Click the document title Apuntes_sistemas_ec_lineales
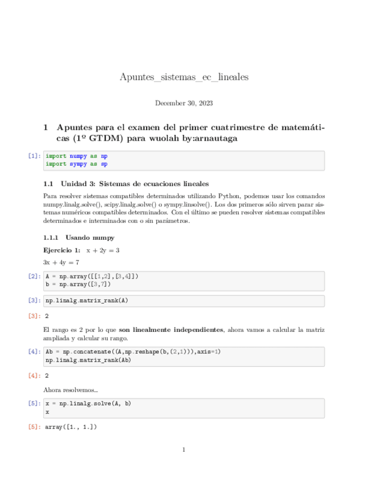coord(184,76)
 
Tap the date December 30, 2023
coord(184,103)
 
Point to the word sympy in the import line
coord(78,164)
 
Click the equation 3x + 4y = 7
coord(61,262)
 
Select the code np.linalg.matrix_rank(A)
coord(87,300)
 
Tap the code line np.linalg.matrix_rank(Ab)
coord(88,360)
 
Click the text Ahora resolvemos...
coord(70,389)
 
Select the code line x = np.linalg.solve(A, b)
coord(88,403)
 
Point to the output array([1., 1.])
coord(71,427)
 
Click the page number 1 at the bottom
coord(184,449)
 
